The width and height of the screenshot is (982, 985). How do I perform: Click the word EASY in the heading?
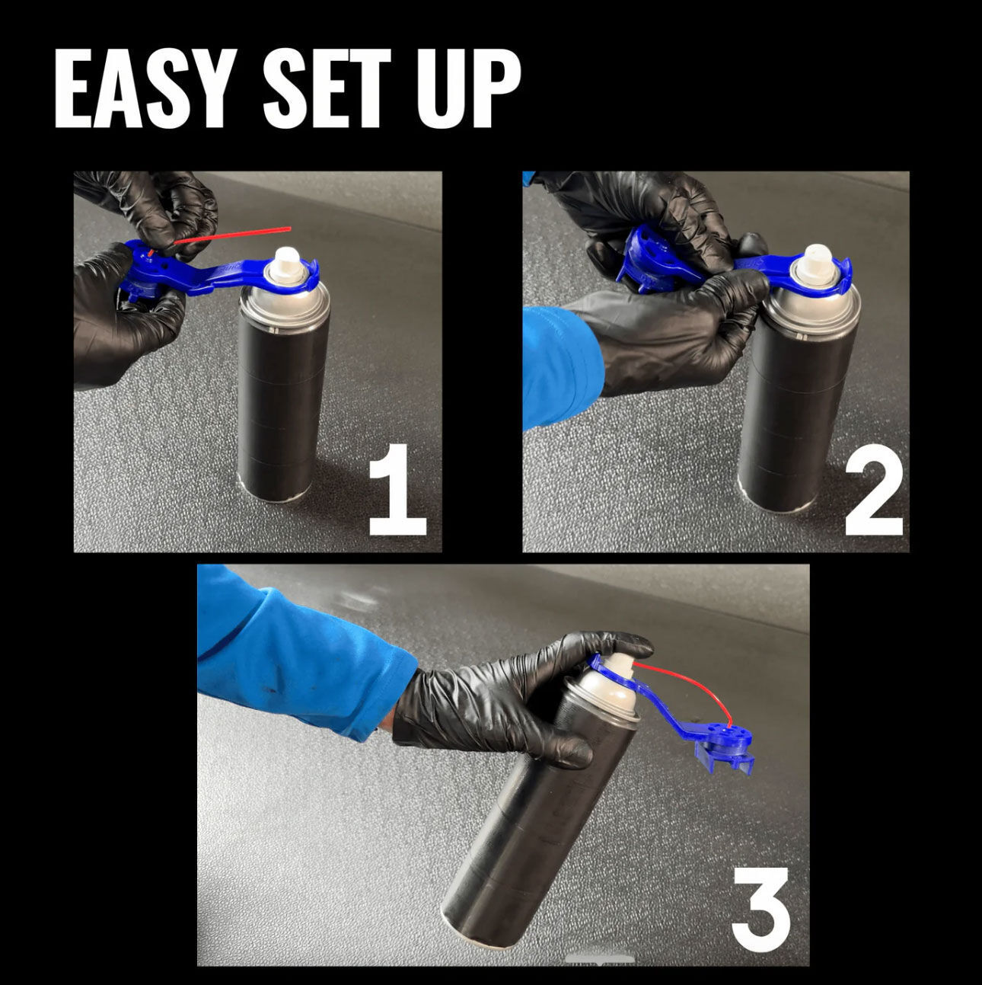point(139,89)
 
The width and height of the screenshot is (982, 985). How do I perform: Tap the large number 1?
point(397,489)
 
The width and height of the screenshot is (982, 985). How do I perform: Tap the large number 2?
point(874,489)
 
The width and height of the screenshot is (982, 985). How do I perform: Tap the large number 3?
point(760,894)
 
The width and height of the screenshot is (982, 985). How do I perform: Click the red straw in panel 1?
point(232,235)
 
